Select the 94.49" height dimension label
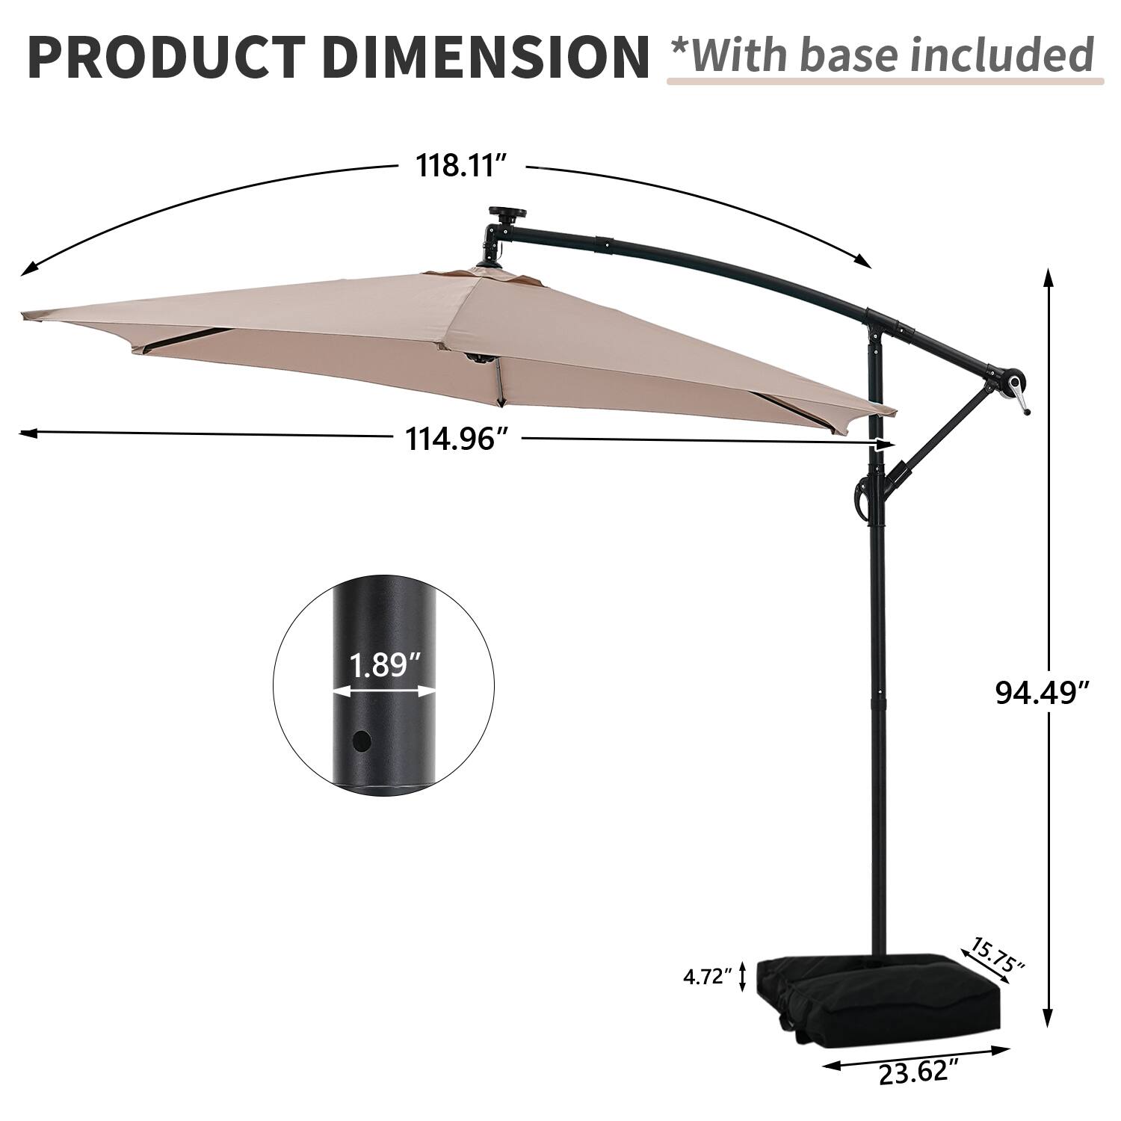(x=1040, y=693)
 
